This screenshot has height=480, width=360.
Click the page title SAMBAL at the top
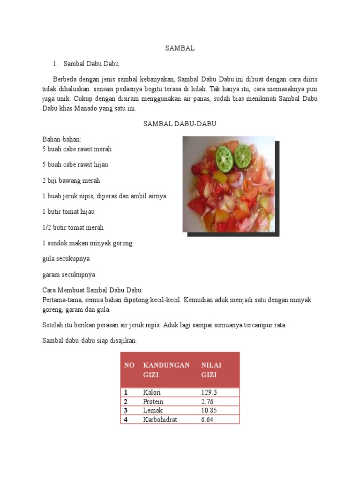pos(180,48)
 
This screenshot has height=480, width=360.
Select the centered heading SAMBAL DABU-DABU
pos(180,124)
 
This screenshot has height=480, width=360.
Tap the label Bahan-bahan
pos(62,140)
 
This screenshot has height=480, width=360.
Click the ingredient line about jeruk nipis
pos(104,196)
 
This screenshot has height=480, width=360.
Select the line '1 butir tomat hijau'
pos(68,212)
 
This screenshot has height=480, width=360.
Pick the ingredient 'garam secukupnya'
pos(68,275)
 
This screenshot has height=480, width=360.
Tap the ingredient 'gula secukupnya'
pos(66,259)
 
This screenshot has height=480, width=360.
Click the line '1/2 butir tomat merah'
pos(73,227)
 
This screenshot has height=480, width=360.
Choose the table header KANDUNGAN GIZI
pos(166,370)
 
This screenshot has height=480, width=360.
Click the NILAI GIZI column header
pos(211,370)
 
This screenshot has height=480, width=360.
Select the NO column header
pos(129,365)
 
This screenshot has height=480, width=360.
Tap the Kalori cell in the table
pos(152,393)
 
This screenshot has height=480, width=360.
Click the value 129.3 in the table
pos(209,393)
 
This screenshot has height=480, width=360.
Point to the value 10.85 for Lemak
pos(209,411)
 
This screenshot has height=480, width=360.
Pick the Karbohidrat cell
pos(160,420)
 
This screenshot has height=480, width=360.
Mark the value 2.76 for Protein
pos(208,402)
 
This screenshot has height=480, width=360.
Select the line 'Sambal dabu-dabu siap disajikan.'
pos(90,341)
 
